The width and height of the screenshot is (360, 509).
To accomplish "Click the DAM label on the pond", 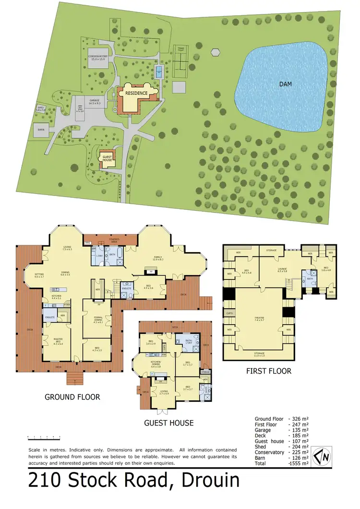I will (287, 84).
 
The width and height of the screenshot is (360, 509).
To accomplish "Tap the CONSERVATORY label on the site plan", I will (97, 58).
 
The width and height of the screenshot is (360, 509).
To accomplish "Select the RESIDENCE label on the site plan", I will (136, 93).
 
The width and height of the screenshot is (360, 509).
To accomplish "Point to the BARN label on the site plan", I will (41, 129).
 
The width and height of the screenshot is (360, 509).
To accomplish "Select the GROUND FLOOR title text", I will (72, 397).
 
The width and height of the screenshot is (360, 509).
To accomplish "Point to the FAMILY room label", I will (159, 258).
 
